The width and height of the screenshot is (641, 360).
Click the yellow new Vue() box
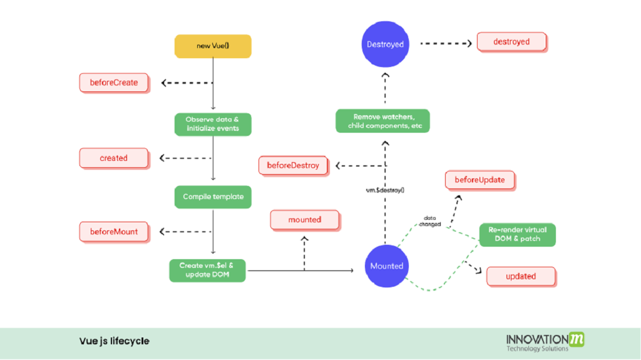tap(213, 47)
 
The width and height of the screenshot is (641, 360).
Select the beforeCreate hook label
tap(114, 83)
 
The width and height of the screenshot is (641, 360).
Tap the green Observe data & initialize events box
tap(212, 124)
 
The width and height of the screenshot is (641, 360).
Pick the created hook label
tap(113, 158)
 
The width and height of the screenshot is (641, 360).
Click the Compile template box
tap(213, 197)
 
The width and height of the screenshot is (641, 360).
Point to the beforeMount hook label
tap(113, 232)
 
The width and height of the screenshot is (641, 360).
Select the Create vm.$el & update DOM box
tap(208, 270)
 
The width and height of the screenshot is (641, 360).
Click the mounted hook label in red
tap(305, 220)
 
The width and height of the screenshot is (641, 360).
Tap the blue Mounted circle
tap(386, 266)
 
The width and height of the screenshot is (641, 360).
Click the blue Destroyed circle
tap(385, 44)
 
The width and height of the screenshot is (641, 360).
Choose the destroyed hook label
tap(511, 42)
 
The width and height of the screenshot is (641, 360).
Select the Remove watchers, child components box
tap(382, 121)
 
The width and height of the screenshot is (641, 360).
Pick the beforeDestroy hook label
tap(293, 166)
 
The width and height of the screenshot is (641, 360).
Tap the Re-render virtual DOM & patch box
tap(517, 234)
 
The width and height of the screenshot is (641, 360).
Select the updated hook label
tap(521, 276)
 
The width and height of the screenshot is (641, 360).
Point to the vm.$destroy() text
tap(384, 189)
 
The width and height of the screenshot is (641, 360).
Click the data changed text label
tap(430, 221)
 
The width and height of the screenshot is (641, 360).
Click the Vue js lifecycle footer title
tap(114, 341)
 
